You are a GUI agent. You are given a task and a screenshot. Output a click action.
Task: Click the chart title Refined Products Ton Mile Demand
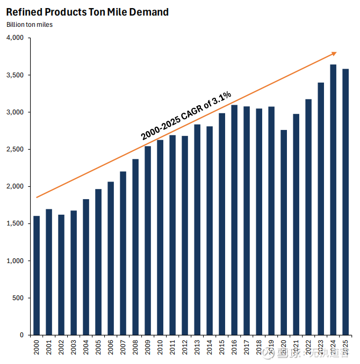[87, 12]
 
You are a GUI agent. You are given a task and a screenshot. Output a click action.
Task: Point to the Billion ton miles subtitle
[30, 24]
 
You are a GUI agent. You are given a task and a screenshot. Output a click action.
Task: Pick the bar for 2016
[234, 220]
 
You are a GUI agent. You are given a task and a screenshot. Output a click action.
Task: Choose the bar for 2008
[135, 246]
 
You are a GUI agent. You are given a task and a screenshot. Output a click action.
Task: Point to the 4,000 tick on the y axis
[15, 38]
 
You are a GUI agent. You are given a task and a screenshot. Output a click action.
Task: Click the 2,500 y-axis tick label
[15, 149]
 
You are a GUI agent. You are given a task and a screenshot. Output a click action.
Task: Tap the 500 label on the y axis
[18, 298]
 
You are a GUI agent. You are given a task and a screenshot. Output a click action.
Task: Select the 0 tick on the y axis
[22, 335]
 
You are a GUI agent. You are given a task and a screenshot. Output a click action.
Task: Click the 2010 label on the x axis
[160, 348]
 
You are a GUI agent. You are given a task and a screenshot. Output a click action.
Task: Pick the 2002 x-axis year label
[61, 348]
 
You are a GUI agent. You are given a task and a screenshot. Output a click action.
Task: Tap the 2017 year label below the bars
[247, 348]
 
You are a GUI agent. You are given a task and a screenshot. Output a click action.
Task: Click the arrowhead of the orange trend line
[334, 53]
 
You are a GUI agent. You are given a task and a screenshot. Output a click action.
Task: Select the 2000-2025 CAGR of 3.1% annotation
[186, 115]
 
